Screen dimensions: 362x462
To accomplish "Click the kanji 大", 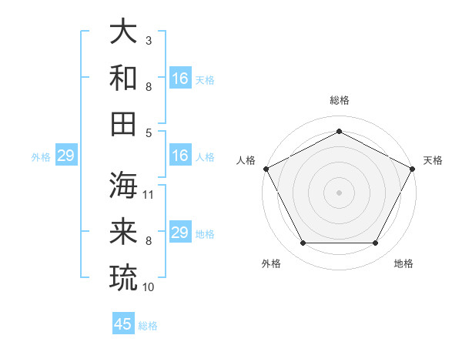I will [124, 32].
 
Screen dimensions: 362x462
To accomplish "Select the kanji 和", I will [124, 78].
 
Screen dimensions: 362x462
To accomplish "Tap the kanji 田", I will [124, 123].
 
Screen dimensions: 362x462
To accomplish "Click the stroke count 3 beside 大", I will [149, 40].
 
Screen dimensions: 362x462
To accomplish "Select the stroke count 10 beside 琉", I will [149, 287].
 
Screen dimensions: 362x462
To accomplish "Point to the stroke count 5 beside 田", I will [149, 132].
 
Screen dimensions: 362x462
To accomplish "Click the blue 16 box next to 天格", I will [180, 79].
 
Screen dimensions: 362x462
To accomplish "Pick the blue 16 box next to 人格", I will [180, 156].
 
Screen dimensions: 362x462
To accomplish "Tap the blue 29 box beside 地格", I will [180, 233].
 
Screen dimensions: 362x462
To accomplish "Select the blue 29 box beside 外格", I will [65, 156].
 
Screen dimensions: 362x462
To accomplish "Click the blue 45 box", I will [123, 324].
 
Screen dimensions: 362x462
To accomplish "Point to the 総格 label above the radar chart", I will [339, 100].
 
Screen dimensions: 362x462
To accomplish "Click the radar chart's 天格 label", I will [433, 160].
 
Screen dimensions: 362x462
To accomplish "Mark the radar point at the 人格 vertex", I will [266, 168].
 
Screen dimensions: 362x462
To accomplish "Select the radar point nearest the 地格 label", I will [376, 243].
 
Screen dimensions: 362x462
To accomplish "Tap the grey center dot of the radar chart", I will [339, 192].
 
